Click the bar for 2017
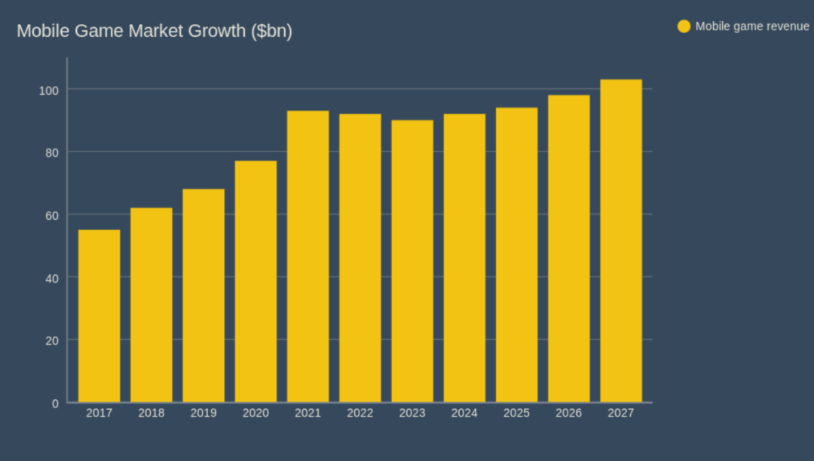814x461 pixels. (99, 316)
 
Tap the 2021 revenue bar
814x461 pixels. (308, 256)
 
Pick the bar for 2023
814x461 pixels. (412, 261)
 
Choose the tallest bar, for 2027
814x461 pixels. (621, 240)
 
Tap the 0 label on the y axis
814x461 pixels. (55, 403)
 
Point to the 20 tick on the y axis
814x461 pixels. (52, 340)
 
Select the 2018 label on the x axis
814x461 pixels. (151, 414)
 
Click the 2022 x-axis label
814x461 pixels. (360, 414)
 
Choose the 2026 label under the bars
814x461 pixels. (568, 414)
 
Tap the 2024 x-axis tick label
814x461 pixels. (464, 414)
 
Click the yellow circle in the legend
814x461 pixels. (684, 26)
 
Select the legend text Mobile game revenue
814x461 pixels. (752, 26)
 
